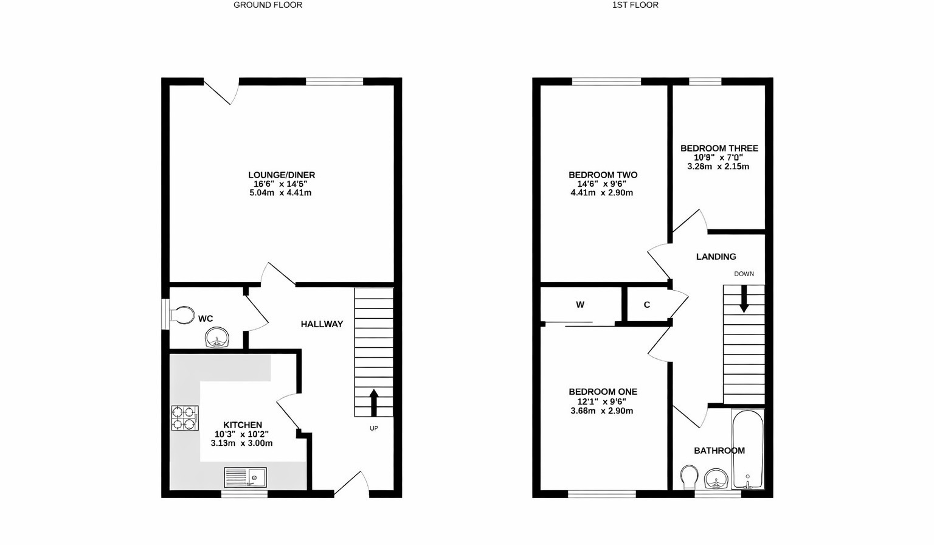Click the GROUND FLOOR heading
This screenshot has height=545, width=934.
pyautogui.click(x=268, y=5)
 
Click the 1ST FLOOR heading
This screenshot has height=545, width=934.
pyautogui.click(x=635, y=5)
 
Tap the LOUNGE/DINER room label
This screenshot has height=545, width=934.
pyautogui.click(x=281, y=175)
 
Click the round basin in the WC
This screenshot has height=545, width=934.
pyautogui.click(x=217, y=338)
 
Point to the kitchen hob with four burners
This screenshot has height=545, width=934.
pyautogui.click(x=185, y=418)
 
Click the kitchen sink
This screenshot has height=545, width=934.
pyautogui.click(x=245, y=477)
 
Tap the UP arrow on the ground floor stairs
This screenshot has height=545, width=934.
pyautogui.click(x=374, y=402)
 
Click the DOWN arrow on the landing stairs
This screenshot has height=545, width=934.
pyautogui.click(x=743, y=300)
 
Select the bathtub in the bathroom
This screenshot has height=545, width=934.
pyautogui.click(x=747, y=450)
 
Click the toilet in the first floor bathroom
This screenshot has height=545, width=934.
pyautogui.click(x=689, y=476)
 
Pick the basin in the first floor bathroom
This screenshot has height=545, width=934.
pyautogui.click(x=717, y=479)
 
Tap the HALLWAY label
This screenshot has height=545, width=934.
pyautogui.click(x=322, y=324)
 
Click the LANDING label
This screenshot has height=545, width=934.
pyautogui.click(x=716, y=257)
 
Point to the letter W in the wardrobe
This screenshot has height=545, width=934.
pyautogui.click(x=580, y=305)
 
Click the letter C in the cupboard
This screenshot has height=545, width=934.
pyautogui.click(x=647, y=305)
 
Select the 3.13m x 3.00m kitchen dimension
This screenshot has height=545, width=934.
pyautogui.click(x=241, y=443)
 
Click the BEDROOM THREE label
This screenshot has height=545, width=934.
pyautogui.click(x=719, y=148)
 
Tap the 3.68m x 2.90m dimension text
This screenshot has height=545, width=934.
pyautogui.click(x=601, y=411)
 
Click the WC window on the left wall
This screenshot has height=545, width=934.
pyautogui.click(x=164, y=314)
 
